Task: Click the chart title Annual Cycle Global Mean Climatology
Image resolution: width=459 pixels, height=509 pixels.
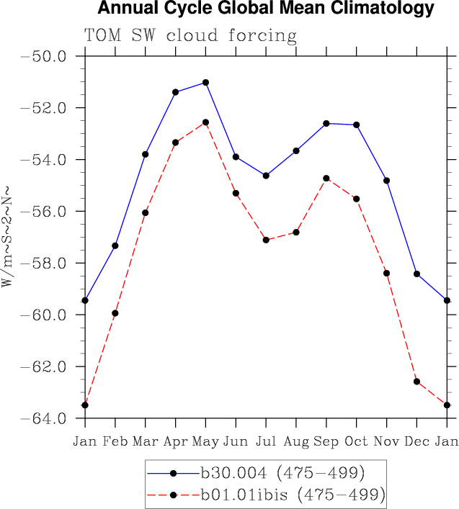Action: (x=265, y=9)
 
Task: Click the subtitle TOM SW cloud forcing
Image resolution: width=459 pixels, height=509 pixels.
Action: (x=190, y=35)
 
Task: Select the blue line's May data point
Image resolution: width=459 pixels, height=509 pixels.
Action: (x=206, y=82)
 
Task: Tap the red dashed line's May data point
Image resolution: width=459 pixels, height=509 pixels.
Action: (x=206, y=122)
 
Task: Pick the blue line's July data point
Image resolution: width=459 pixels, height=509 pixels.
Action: (x=266, y=176)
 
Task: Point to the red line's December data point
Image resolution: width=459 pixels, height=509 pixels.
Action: (x=416, y=381)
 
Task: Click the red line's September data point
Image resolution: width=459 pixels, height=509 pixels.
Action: (x=326, y=178)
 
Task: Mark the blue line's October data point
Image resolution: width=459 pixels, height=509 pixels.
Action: (x=357, y=125)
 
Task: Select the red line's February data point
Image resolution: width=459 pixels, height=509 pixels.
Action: (x=115, y=313)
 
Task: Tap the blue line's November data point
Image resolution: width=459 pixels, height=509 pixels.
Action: (x=387, y=180)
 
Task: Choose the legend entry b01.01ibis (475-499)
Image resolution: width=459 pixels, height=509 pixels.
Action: (x=293, y=495)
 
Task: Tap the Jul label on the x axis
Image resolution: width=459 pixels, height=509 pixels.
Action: (x=266, y=440)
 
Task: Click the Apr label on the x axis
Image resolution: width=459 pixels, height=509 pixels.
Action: (x=176, y=440)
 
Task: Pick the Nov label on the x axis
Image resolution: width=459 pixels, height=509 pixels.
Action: (x=387, y=440)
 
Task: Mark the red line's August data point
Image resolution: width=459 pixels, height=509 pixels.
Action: (x=296, y=232)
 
